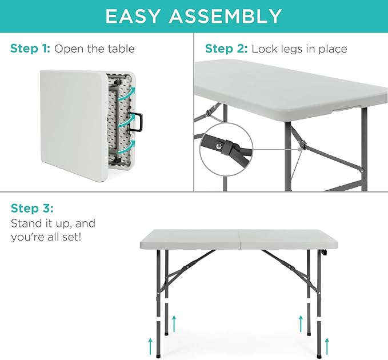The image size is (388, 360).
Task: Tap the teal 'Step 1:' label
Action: point(30,49)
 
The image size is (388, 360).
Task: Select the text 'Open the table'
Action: point(94,49)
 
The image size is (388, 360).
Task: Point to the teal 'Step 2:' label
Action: point(226,49)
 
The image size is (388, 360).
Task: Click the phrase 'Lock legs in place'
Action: point(299,49)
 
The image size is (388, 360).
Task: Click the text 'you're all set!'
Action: point(46,236)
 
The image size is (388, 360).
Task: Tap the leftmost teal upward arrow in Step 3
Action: point(151,345)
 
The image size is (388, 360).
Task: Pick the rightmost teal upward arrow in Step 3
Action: point(326,345)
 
